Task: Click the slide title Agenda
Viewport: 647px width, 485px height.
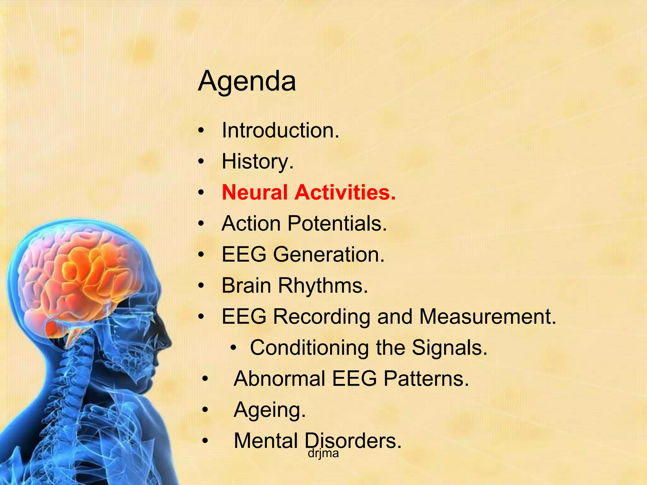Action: (247, 81)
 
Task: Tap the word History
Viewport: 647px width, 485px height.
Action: (257, 161)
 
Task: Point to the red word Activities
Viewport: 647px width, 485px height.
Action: (345, 192)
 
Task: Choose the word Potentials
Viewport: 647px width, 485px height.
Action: (337, 224)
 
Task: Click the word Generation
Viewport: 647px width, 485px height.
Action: (329, 254)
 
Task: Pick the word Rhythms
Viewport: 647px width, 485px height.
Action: (323, 285)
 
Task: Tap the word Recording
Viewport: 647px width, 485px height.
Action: (321, 316)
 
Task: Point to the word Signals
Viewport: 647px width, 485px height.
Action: (450, 348)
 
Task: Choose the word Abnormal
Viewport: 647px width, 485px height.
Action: (280, 379)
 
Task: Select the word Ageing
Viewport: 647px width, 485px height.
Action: (269, 410)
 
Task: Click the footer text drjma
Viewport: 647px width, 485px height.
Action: (323, 453)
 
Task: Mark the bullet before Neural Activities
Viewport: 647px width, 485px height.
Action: (201, 193)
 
